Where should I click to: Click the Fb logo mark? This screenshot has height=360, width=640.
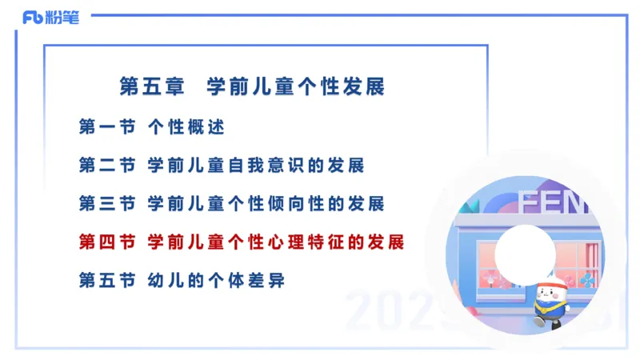[x=33, y=17]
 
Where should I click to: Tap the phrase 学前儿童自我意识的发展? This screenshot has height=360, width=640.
[x=256, y=166]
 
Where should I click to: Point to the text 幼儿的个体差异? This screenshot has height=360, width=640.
[x=216, y=280]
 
